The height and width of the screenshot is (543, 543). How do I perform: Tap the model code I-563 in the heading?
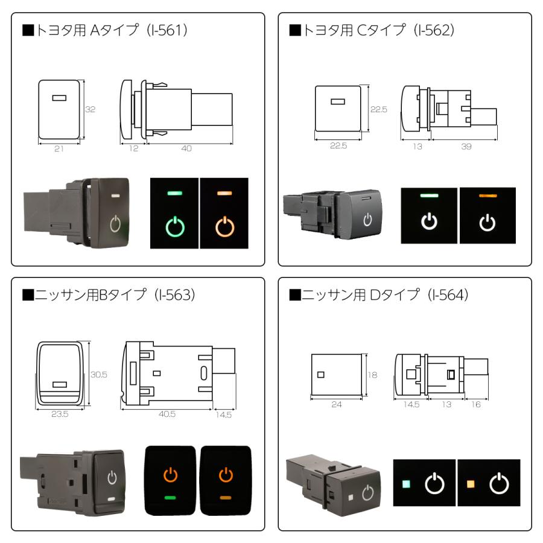point(170,296)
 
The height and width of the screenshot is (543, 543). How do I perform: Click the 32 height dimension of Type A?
point(90,110)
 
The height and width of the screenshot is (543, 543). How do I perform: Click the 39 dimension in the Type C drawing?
point(466,147)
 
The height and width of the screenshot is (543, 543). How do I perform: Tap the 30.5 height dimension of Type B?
point(98,375)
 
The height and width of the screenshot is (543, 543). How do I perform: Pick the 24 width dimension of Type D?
point(336,404)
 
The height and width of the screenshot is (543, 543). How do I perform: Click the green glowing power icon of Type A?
point(175,227)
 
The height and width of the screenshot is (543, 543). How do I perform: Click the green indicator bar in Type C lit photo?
point(429,196)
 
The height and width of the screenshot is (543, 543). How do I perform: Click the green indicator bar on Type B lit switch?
point(171,497)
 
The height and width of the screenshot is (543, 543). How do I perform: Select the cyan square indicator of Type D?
point(406,484)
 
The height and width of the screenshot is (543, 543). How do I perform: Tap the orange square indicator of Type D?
point(471,484)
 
